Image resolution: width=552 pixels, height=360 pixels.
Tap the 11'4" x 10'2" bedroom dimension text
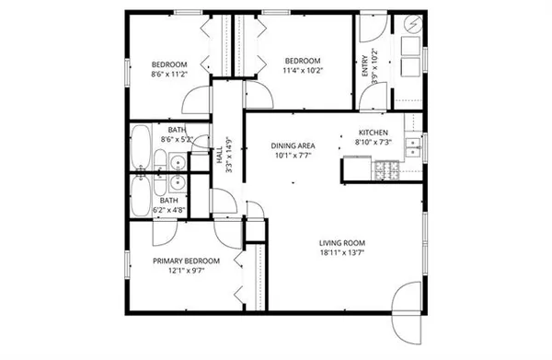click(301, 70)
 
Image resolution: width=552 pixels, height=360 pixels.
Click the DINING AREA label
click(293, 145)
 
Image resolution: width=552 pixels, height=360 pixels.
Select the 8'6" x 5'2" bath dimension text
click(176, 139)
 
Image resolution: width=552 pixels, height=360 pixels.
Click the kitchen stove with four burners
click(386, 169)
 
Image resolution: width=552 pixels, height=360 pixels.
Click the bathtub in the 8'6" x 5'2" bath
click(142, 148)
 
